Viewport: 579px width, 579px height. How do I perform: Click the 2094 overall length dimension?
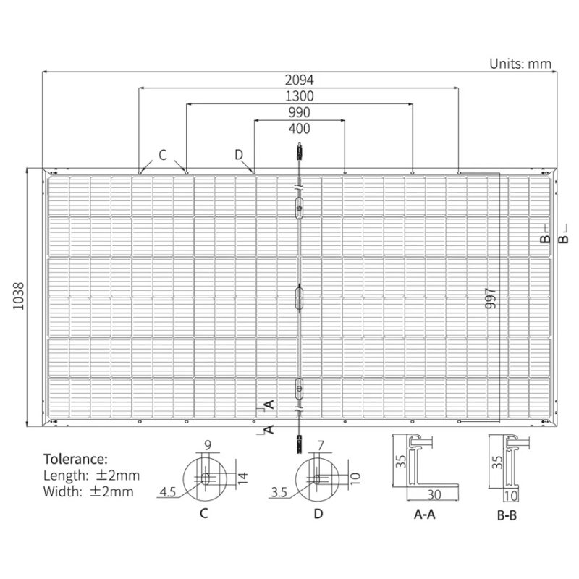(x=300, y=80)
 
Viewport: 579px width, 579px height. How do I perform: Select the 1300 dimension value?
(x=300, y=96)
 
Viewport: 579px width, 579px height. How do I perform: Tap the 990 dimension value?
(x=300, y=112)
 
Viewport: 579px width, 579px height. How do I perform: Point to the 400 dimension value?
(x=300, y=129)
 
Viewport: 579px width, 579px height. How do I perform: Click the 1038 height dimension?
(x=19, y=296)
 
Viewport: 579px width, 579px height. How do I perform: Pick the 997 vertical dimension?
(x=491, y=298)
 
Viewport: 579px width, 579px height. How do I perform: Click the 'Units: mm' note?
(x=520, y=64)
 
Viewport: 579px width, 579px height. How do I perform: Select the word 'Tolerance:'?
(x=76, y=459)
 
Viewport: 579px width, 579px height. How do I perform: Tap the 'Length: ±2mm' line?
(x=92, y=476)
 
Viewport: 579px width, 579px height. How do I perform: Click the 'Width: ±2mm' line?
(x=88, y=491)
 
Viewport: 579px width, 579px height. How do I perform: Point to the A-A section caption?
(x=425, y=514)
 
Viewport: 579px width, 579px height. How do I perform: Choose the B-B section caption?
(x=507, y=515)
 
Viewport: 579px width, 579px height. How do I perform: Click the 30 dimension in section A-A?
(x=434, y=495)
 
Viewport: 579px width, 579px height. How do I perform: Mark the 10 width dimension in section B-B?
(x=511, y=496)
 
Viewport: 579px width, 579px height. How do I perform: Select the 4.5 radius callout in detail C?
(x=168, y=492)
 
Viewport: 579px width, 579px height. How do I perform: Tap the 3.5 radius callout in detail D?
(x=279, y=492)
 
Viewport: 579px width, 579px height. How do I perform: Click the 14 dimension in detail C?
(x=242, y=478)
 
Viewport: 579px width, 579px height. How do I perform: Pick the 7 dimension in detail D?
(x=321, y=446)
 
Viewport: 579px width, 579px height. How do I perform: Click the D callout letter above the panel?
(x=239, y=155)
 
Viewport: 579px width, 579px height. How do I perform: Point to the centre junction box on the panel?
(x=299, y=298)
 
